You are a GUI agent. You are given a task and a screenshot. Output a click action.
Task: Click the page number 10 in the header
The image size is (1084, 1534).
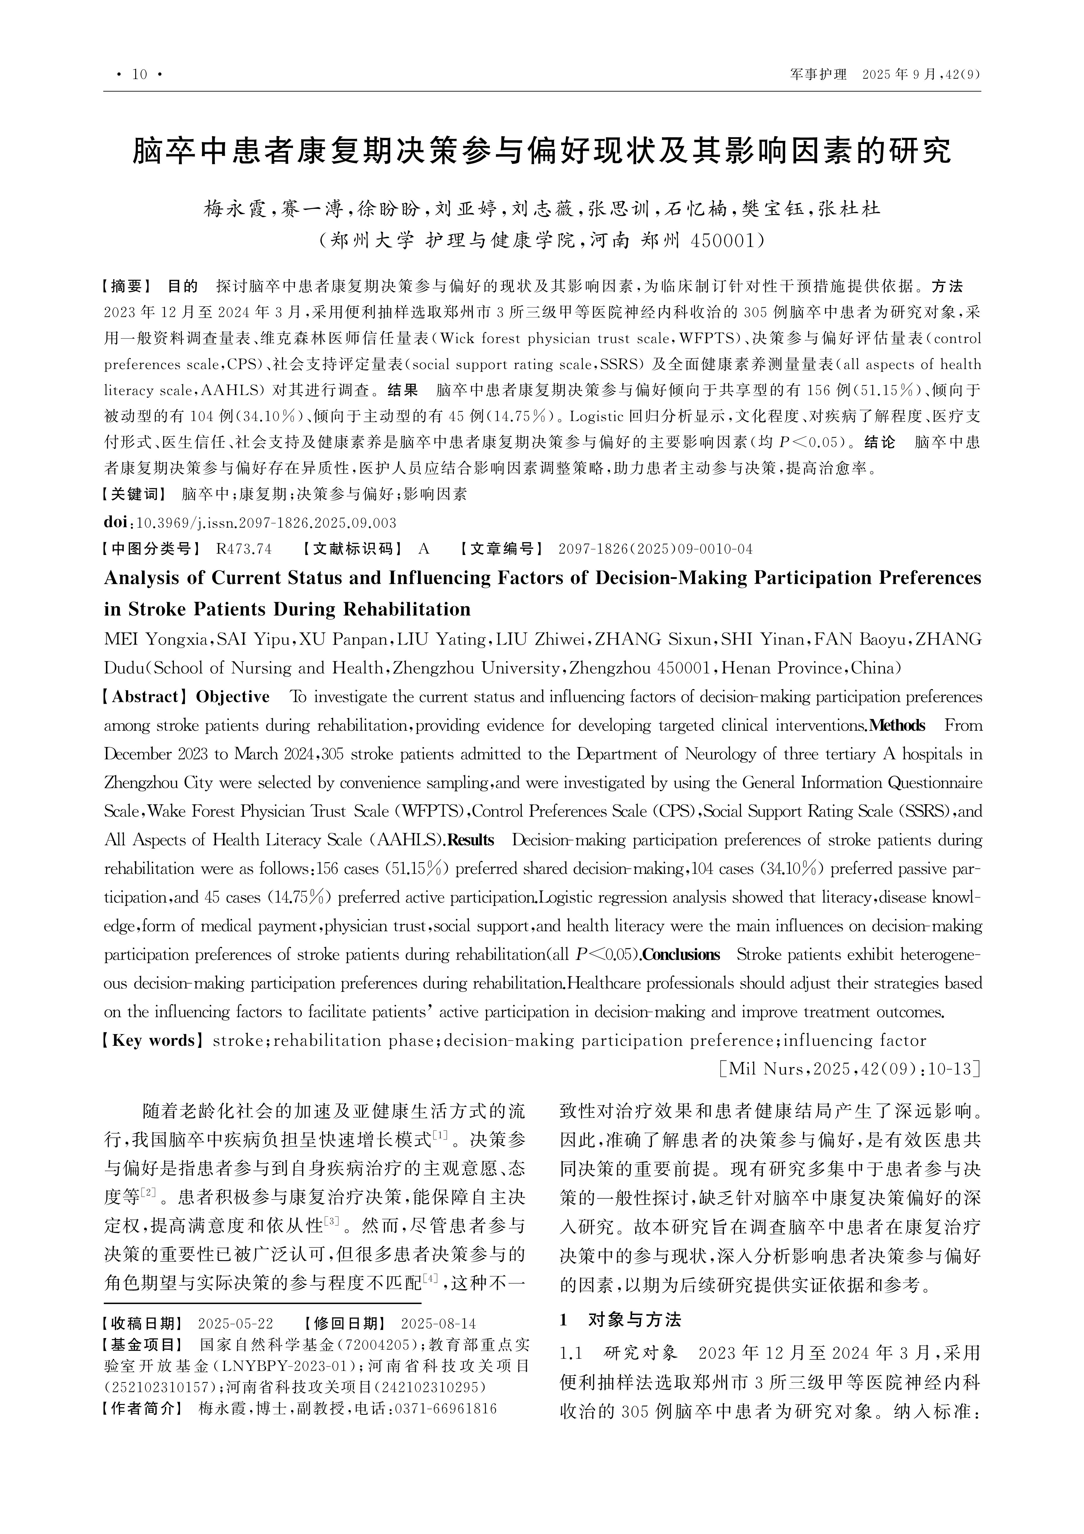click(x=140, y=74)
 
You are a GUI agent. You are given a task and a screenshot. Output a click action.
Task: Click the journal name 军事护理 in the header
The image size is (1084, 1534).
click(x=818, y=74)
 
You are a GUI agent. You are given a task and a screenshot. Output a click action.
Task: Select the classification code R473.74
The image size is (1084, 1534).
click(x=244, y=549)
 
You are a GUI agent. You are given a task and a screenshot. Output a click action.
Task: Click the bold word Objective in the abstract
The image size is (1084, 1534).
click(x=232, y=697)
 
